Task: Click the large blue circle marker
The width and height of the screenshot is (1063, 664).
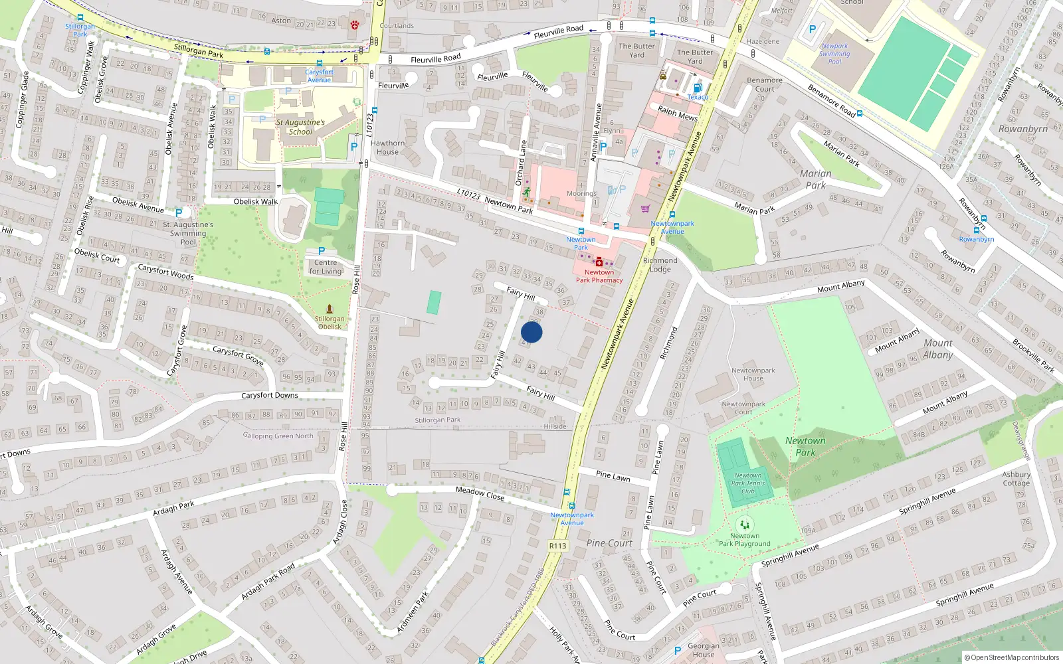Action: pos(531,332)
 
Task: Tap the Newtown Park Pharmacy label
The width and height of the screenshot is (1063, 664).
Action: pos(599,276)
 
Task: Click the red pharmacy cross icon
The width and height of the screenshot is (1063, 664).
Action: pos(599,262)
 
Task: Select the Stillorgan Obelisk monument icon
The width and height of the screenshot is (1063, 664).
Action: pos(330,309)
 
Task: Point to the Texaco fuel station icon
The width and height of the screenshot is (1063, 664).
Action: pos(697,88)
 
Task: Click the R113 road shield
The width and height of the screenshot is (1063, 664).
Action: pos(557,546)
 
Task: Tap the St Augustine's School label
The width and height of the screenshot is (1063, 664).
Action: pos(300,127)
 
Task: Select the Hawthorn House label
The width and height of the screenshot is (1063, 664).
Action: pos(387,147)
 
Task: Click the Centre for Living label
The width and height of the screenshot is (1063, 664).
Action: pos(325,267)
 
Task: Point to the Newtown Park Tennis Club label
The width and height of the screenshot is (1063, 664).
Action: pos(748,483)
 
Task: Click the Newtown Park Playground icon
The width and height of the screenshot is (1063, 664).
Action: pos(745,525)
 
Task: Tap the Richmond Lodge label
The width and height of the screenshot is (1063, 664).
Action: pos(660,264)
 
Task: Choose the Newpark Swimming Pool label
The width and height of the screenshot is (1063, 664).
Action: pos(834,54)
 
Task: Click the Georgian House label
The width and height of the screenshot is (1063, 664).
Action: pos(703,649)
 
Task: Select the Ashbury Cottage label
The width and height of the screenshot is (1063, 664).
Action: pos(1016,479)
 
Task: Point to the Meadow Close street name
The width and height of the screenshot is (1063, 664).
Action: pos(480,493)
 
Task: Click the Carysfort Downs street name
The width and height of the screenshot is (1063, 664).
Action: pos(269,396)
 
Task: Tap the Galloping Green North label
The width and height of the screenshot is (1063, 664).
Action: pos(278,436)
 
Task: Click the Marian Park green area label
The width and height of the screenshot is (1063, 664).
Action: pos(815,179)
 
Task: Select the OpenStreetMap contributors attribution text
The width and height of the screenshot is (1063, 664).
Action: pos(1013,658)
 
